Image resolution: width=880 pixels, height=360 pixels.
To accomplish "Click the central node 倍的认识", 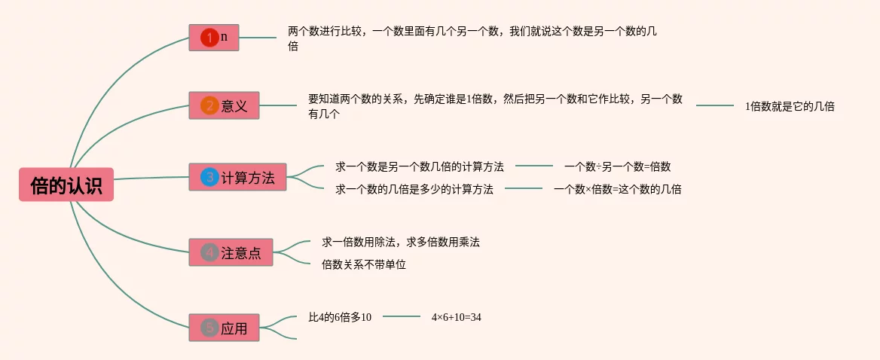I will click(66, 185).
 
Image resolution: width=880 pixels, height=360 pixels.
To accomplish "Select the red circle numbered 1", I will click(209, 37).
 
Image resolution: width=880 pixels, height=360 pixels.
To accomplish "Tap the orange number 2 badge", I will click(209, 106).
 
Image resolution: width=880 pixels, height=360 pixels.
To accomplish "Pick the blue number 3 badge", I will click(209, 178).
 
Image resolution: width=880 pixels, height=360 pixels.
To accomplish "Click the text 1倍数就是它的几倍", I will click(790, 106).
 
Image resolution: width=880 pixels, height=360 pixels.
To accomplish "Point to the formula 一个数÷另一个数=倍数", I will click(617, 166).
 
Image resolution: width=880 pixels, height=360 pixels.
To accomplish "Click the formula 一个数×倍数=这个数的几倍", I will click(617, 189).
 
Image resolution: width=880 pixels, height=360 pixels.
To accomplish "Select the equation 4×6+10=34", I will click(456, 317).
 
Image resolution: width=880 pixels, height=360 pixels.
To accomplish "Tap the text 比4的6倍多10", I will click(340, 317).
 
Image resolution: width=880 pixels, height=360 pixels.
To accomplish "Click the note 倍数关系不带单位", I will click(364, 264).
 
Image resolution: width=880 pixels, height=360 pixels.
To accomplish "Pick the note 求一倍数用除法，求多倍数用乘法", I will click(401, 242).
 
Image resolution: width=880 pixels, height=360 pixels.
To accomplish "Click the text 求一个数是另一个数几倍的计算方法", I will click(420, 166).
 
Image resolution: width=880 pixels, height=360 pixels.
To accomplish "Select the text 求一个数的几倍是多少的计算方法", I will click(414, 189).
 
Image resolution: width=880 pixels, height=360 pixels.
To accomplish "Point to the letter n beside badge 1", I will click(225, 36).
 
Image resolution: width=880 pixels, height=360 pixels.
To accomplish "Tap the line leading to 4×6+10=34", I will click(402, 317).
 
